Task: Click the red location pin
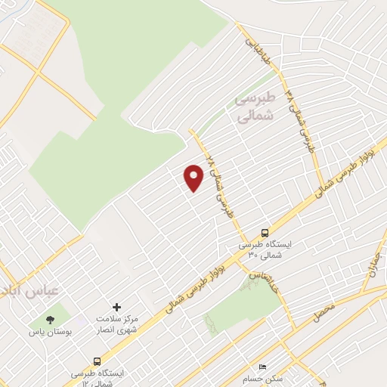pos(194,178)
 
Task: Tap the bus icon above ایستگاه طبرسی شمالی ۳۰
pos(265,233)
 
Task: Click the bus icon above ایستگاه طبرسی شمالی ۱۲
pos(97,361)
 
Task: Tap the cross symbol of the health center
pos(116,307)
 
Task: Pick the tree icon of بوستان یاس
pos(51,320)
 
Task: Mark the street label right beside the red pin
pos(216,182)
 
